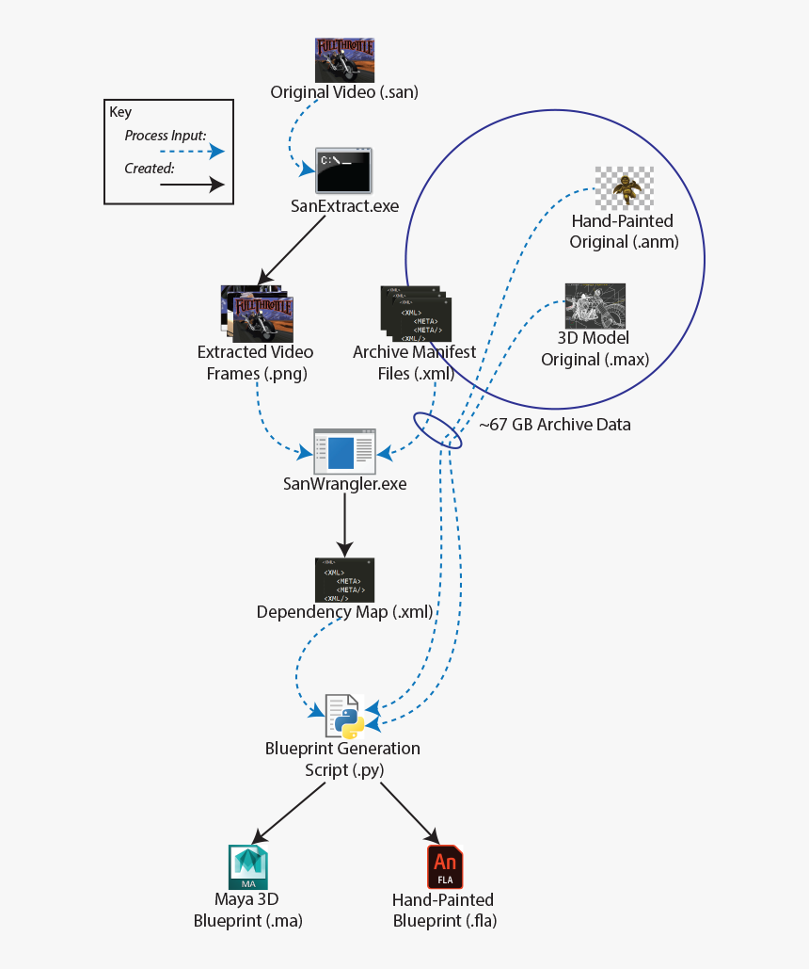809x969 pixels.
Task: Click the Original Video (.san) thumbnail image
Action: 344,60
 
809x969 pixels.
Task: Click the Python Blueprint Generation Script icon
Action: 344,716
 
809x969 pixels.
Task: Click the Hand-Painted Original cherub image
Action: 624,187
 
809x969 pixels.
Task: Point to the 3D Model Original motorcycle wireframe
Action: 595,306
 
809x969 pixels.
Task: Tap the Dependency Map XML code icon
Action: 344,580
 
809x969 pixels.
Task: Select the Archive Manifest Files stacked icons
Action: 415,313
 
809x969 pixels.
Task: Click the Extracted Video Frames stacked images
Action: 256,313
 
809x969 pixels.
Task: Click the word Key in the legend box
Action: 120,112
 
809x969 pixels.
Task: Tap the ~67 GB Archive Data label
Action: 555,425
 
